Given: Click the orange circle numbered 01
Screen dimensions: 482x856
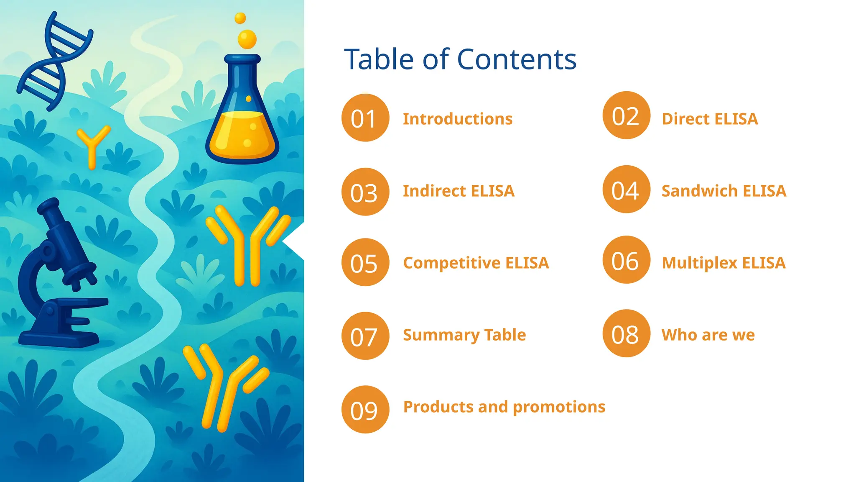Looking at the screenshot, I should [x=365, y=118].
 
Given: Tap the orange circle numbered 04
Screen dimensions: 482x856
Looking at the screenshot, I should [x=626, y=190].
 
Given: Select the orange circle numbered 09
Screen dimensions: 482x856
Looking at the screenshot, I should [x=365, y=409].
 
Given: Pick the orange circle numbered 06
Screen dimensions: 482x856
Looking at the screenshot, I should [x=626, y=260].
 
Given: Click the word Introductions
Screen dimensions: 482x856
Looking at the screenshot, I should [x=458, y=119].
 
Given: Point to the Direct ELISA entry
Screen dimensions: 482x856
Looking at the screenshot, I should [x=710, y=119].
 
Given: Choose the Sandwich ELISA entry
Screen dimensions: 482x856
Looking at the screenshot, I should [x=724, y=191].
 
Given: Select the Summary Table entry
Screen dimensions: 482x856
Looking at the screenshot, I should [x=464, y=335].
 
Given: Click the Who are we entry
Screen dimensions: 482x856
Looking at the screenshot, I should [x=708, y=335].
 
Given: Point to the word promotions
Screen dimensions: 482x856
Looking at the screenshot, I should [x=559, y=407].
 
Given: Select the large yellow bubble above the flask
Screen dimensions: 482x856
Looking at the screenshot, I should [x=247, y=39].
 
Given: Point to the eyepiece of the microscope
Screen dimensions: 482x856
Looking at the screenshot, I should [x=48, y=207].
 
